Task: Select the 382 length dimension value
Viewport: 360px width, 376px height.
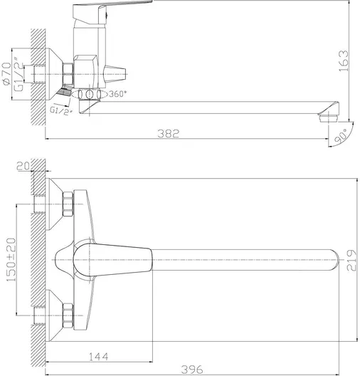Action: coord(169,133)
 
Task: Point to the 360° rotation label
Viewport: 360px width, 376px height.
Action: coord(116,95)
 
